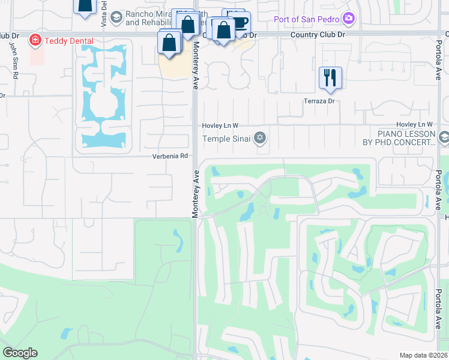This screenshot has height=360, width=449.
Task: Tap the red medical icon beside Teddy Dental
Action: (x=35, y=41)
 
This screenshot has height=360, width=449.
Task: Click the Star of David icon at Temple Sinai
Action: (x=260, y=139)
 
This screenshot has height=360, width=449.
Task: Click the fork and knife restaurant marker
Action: (x=330, y=78)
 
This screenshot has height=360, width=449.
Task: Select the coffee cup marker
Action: (x=240, y=22)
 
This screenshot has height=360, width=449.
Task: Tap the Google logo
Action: (x=20, y=353)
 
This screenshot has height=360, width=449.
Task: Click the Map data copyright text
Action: (x=423, y=355)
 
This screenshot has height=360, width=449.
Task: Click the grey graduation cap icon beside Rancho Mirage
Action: (x=115, y=19)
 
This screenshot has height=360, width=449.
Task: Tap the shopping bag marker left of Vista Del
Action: (x=85, y=5)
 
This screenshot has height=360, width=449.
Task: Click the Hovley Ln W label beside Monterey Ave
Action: (x=220, y=125)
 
